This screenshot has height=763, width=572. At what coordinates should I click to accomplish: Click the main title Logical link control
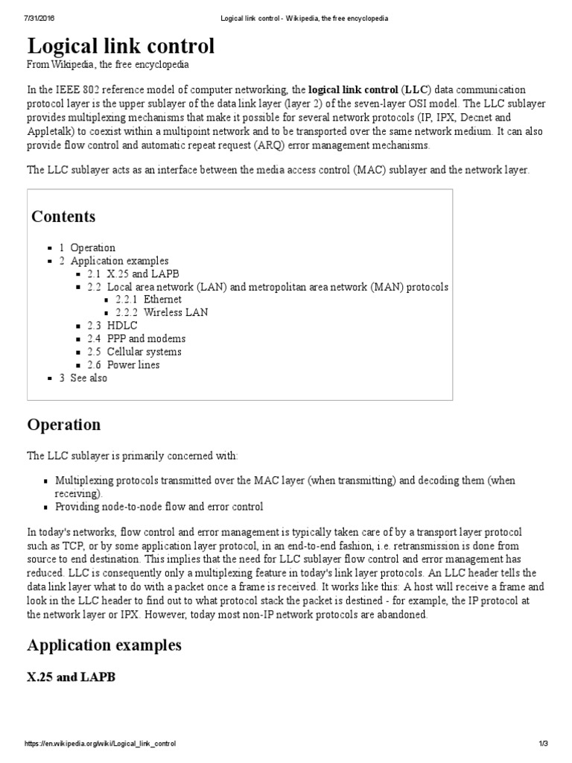(x=121, y=46)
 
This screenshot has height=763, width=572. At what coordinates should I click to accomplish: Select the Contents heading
(x=63, y=217)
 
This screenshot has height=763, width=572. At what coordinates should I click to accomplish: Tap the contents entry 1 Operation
(x=87, y=247)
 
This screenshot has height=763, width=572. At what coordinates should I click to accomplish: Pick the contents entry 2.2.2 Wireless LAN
(x=162, y=312)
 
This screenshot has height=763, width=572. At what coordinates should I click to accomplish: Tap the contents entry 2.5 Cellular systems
(x=133, y=352)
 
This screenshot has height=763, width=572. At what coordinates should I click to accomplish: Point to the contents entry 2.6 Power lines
(x=123, y=365)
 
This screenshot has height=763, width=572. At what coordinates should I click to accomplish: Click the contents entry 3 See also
(x=83, y=378)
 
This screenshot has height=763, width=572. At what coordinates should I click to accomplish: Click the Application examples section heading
(x=104, y=644)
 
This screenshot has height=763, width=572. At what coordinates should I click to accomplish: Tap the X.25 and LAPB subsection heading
(x=71, y=677)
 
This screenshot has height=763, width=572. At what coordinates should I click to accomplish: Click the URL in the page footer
(x=100, y=744)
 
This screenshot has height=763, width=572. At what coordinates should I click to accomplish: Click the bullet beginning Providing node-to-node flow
(x=159, y=507)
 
